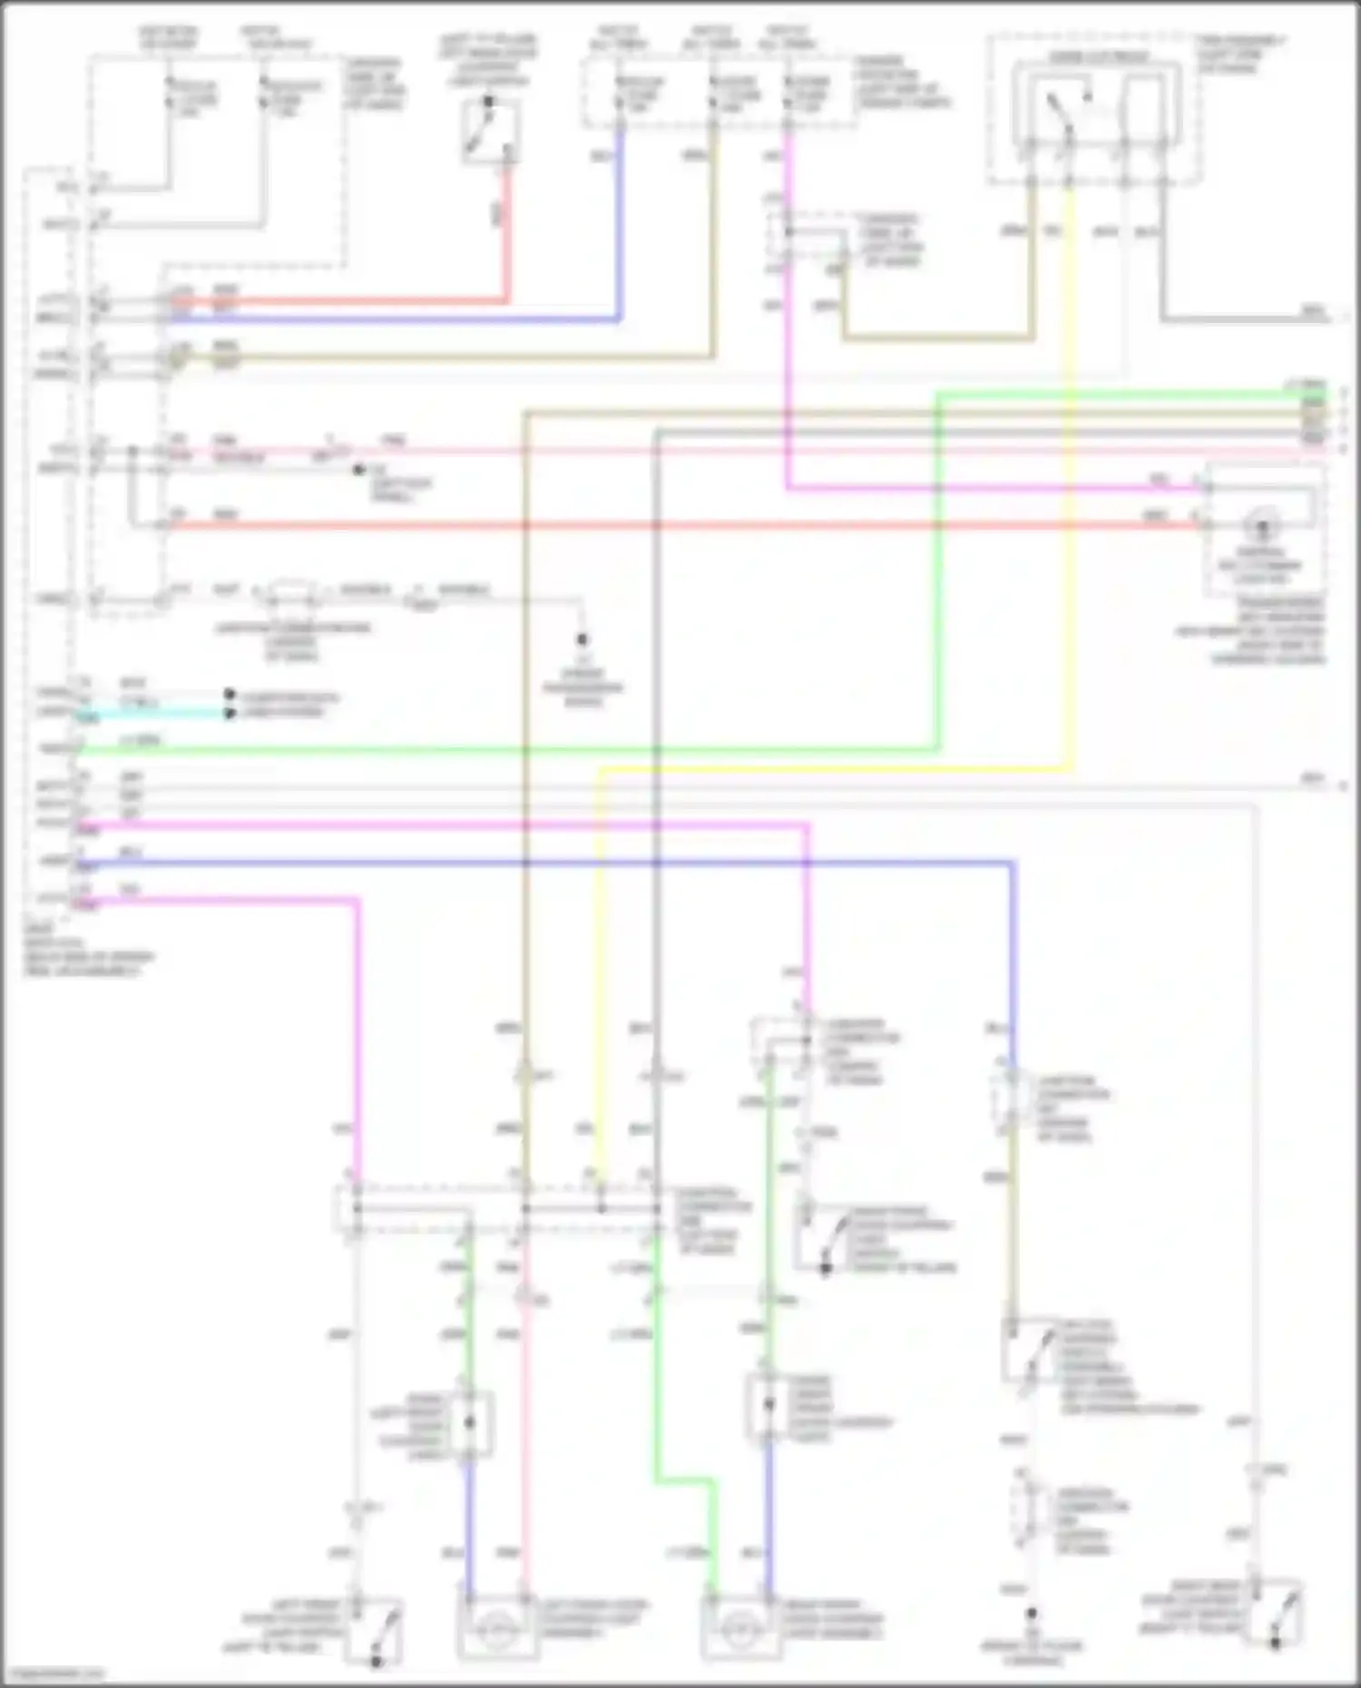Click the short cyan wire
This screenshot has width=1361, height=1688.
(x=154, y=714)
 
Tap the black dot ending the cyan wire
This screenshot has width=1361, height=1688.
(x=230, y=714)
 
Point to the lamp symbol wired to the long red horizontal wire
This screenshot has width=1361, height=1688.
(x=1261, y=526)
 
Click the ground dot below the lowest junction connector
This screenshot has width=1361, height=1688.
(x=1032, y=1614)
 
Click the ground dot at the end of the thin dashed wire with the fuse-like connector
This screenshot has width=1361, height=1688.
(x=583, y=639)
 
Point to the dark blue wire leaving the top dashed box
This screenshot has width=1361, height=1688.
(x=620, y=227)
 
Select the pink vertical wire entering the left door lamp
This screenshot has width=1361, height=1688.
(x=524, y=1451)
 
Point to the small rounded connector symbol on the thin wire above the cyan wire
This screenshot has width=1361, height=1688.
(x=290, y=595)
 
